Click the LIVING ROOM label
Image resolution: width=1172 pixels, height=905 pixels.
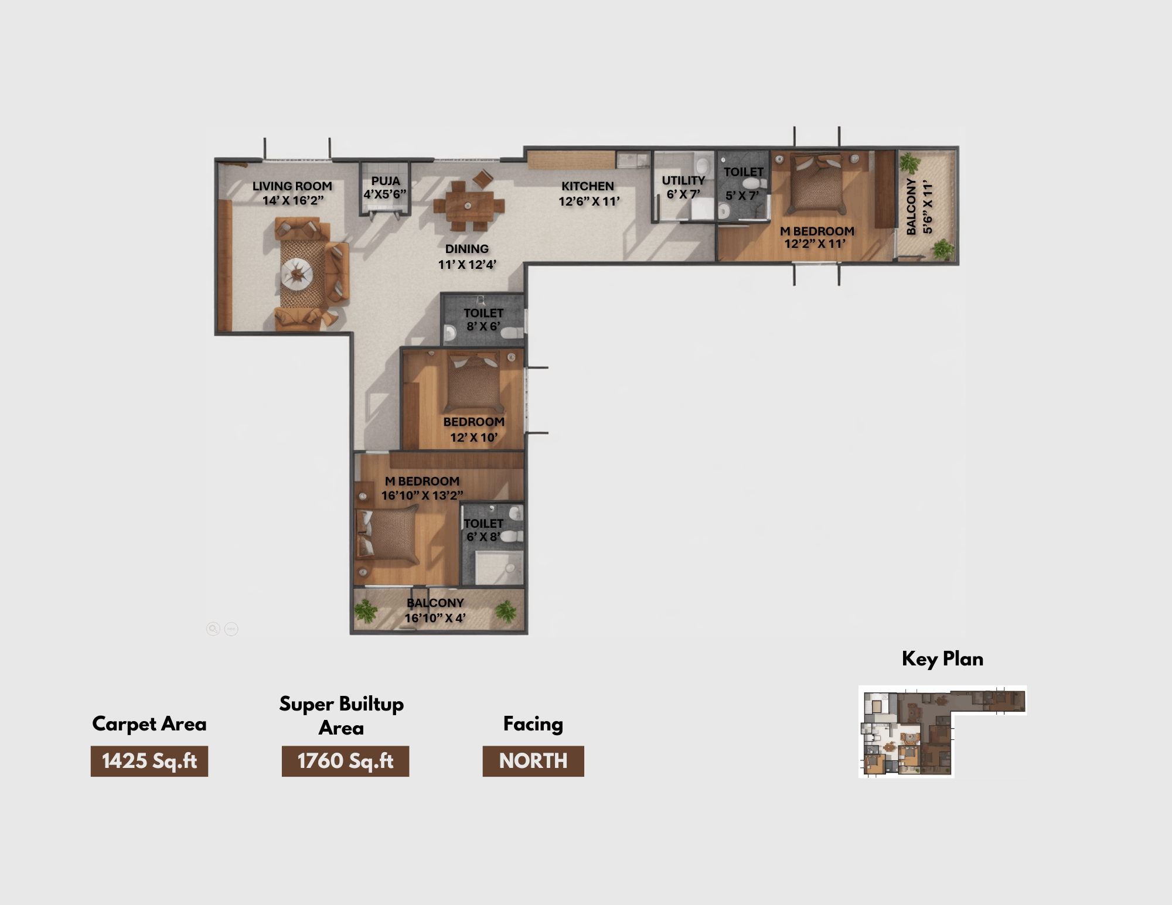tap(292, 186)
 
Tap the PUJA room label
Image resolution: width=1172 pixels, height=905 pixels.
tap(386, 181)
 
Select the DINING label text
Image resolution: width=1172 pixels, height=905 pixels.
tap(467, 249)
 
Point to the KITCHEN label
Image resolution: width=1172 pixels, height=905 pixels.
tap(588, 186)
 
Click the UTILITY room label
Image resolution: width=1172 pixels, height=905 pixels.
tap(683, 180)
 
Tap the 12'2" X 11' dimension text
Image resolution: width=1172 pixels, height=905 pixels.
tap(815, 244)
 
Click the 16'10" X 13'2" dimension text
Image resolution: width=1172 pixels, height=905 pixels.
tap(422, 496)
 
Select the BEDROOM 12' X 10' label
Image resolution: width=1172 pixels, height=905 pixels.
tap(473, 429)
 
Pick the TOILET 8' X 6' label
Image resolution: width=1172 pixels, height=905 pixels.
tap(483, 319)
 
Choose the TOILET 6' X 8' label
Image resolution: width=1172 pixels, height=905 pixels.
tap(483, 530)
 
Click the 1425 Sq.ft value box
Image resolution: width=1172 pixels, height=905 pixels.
tap(149, 761)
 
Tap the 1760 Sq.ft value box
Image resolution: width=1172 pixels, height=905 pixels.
tap(345, 761)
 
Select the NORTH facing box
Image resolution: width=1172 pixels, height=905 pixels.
tap(533, 761)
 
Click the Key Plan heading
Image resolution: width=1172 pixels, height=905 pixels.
tap(942, 659)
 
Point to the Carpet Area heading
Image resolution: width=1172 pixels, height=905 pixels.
tap(149, 724)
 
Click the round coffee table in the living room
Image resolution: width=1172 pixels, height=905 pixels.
tap(297, 274)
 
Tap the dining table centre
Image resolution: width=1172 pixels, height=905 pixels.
tap(468, 206)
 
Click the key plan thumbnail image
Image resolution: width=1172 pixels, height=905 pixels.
tap(942, 732)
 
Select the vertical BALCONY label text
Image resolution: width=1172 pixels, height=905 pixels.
tap(911, 207)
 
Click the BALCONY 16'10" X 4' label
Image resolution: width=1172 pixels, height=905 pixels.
tap(435, 610)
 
